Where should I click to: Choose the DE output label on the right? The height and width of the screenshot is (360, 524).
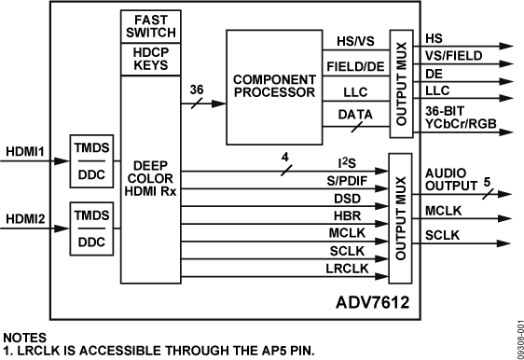click(x=434, y=73)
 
